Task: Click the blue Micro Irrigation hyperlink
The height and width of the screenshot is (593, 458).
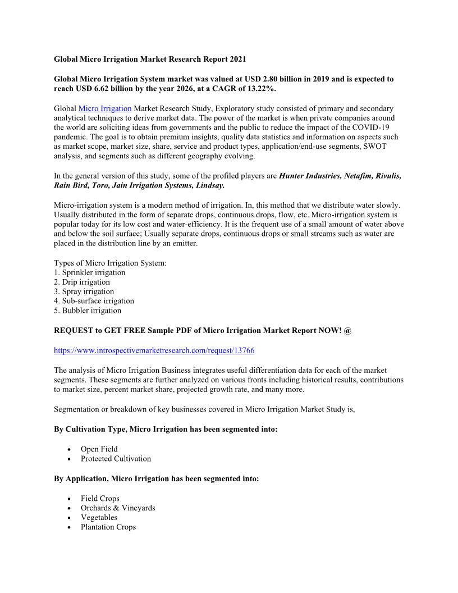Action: pos(105,108)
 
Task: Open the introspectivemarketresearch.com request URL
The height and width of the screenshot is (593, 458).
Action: pos(154,350)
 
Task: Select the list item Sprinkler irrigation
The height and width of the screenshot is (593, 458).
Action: pos(90,272)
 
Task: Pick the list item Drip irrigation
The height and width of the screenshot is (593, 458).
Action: pos(82,282)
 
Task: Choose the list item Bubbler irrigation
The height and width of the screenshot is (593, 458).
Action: pos(88,311)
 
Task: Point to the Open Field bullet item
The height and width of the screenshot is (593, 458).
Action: pos(99,449)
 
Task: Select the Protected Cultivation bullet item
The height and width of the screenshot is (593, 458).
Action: pos(116,459)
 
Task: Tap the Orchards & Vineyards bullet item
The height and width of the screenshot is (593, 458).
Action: pos(118,508)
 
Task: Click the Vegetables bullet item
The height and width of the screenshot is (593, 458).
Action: pos(99,518)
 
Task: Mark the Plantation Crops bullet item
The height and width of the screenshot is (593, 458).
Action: pos(108,527)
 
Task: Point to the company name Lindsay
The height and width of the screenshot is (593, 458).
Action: pos(209,185)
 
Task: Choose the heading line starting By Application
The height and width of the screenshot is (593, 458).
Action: pos(157,479)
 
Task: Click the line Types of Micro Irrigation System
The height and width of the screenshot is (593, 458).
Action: pos(110,263)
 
